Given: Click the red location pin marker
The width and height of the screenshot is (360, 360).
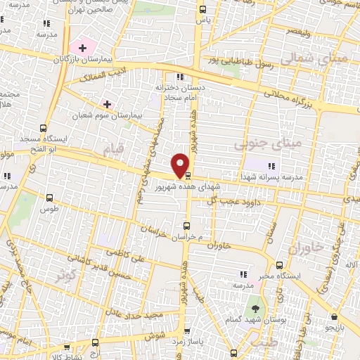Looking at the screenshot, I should pyautogui.click(x=181, y=165).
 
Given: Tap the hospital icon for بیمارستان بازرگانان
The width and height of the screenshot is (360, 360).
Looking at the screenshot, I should pyautogui.click(x=83, y=49).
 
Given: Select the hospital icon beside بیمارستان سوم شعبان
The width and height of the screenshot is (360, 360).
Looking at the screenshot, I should pyautogui.click(x=106, y=103).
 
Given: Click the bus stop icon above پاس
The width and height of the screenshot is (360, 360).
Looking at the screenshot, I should pyautogui.click(x=203, y=10).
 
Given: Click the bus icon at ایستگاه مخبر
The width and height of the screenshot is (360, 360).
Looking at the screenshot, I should pyautogui.click(x=280, y=266).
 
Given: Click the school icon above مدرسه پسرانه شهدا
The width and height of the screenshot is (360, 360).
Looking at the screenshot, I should pyautogui.click(x=271, y=167).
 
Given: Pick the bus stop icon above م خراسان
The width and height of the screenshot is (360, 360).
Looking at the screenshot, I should pyautogui.click(x=186, y=226).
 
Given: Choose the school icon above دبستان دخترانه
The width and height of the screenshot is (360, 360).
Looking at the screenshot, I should pyautogui.click(x=180, y=77).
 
